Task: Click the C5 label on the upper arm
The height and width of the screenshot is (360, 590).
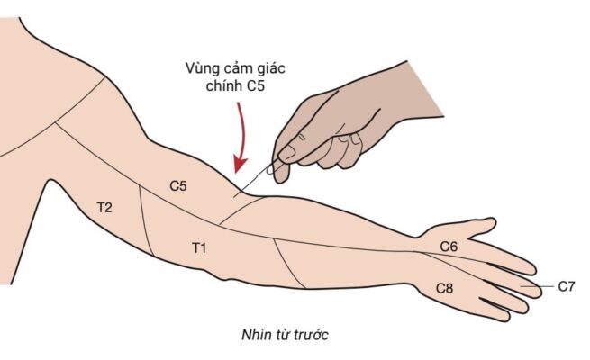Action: tap(178, 186)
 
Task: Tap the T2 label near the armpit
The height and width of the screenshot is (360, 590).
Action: tap(104, 208)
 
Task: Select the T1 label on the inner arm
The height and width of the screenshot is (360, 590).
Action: tap(200, 246)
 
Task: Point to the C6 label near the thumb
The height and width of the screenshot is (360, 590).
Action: tap(449, 246)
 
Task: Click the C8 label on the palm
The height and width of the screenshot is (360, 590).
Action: tap(444, 288)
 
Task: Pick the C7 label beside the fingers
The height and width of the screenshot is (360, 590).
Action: tap(566, 286)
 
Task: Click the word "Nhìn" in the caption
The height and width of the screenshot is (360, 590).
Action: tap(254, 335)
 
